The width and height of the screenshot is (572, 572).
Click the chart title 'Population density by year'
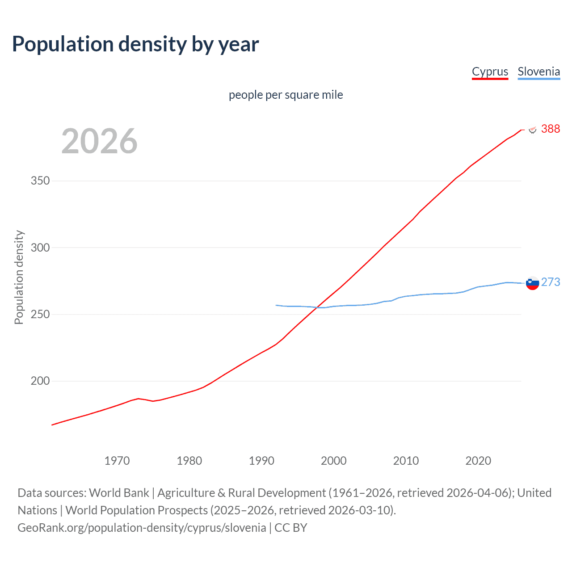click(135, 44)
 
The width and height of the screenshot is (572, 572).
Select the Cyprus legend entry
click(490, 71)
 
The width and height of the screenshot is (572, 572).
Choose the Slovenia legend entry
click(538, 71)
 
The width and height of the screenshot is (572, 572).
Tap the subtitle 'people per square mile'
click(286, 95)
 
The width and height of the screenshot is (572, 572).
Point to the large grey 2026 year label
click(99, 141)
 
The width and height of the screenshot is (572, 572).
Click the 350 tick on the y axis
click(40, 181)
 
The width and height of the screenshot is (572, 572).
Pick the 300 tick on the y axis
click(40, 248)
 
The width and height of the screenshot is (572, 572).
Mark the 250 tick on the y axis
click(40, 314)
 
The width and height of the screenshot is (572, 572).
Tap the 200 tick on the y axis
click(40, 381)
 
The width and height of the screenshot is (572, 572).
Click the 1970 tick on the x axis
click(117, 461)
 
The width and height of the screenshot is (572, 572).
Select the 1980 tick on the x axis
click(189, 461)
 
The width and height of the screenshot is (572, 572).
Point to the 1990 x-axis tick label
click(261, 461)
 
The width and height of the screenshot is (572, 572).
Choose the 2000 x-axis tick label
click(334, 461)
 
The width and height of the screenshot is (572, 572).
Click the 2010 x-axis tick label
click(406, 461)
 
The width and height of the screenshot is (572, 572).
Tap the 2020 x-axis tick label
click(478, 461)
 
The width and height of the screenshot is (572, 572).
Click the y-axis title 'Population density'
click(19, 277)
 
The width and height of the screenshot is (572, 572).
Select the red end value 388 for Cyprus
click(550, 129)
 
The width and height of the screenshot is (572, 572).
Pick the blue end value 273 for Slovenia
click(550, 282)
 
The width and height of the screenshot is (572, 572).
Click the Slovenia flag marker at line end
click(532, 283)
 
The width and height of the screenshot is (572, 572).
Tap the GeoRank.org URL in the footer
click(142, 528)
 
